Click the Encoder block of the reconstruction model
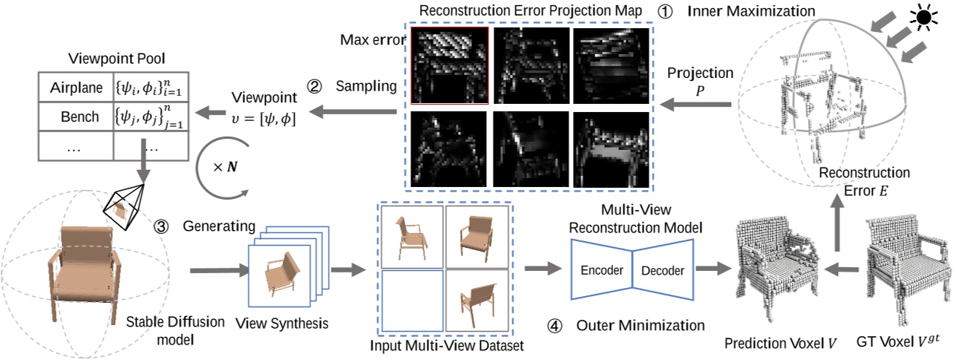[602, 269]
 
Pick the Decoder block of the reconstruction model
[662, 269]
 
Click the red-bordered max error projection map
[448, 65]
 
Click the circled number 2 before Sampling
[314, 86]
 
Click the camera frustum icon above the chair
[125, 203]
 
